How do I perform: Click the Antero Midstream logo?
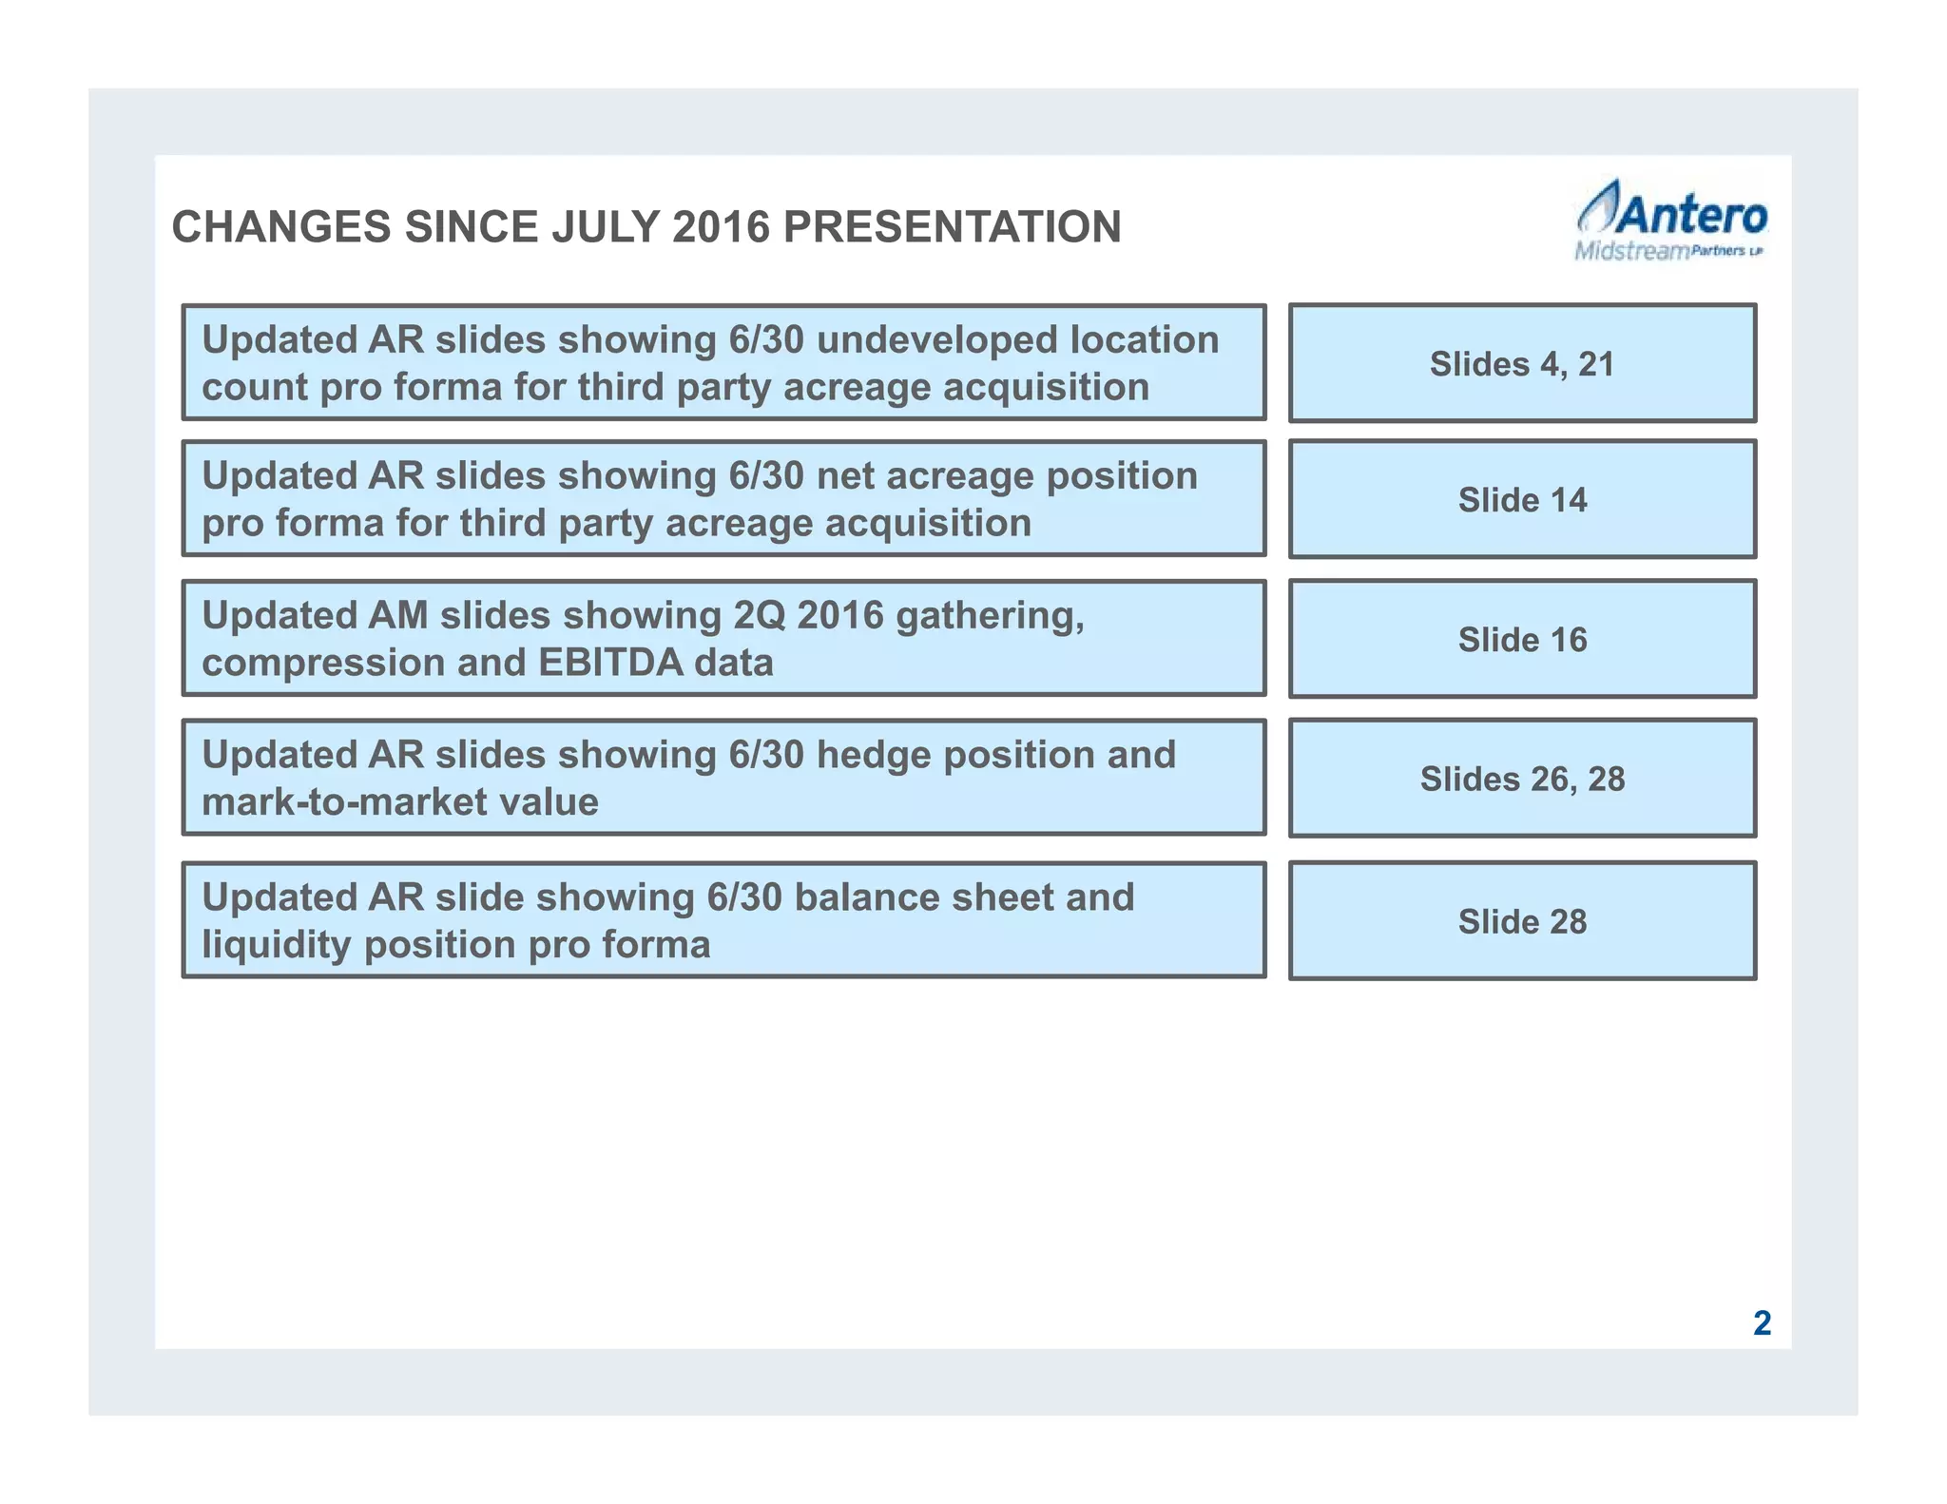click(1670, 222)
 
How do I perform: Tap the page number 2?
click(1762, 1323)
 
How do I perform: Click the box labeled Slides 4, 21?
click(1522, 364)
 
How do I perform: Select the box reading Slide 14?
click(1522, 500)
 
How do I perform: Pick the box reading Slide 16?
click(1522, 640)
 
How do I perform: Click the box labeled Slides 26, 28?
click(1522, 780)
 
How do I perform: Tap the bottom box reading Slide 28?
click(1522, 921)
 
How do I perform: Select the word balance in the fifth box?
click(866, 898)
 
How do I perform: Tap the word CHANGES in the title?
click(280, 228)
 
